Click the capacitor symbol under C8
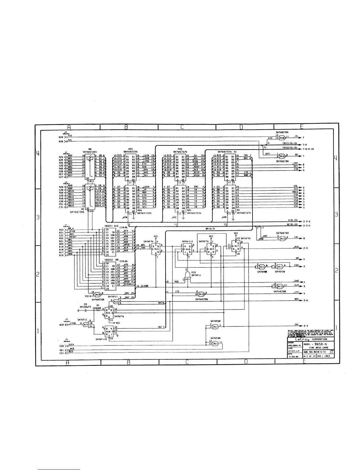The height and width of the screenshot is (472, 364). point(86,310)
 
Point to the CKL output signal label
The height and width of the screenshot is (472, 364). point(297,325)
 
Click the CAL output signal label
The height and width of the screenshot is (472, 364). point(296,186)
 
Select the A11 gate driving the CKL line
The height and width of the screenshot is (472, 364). point(215,327)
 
